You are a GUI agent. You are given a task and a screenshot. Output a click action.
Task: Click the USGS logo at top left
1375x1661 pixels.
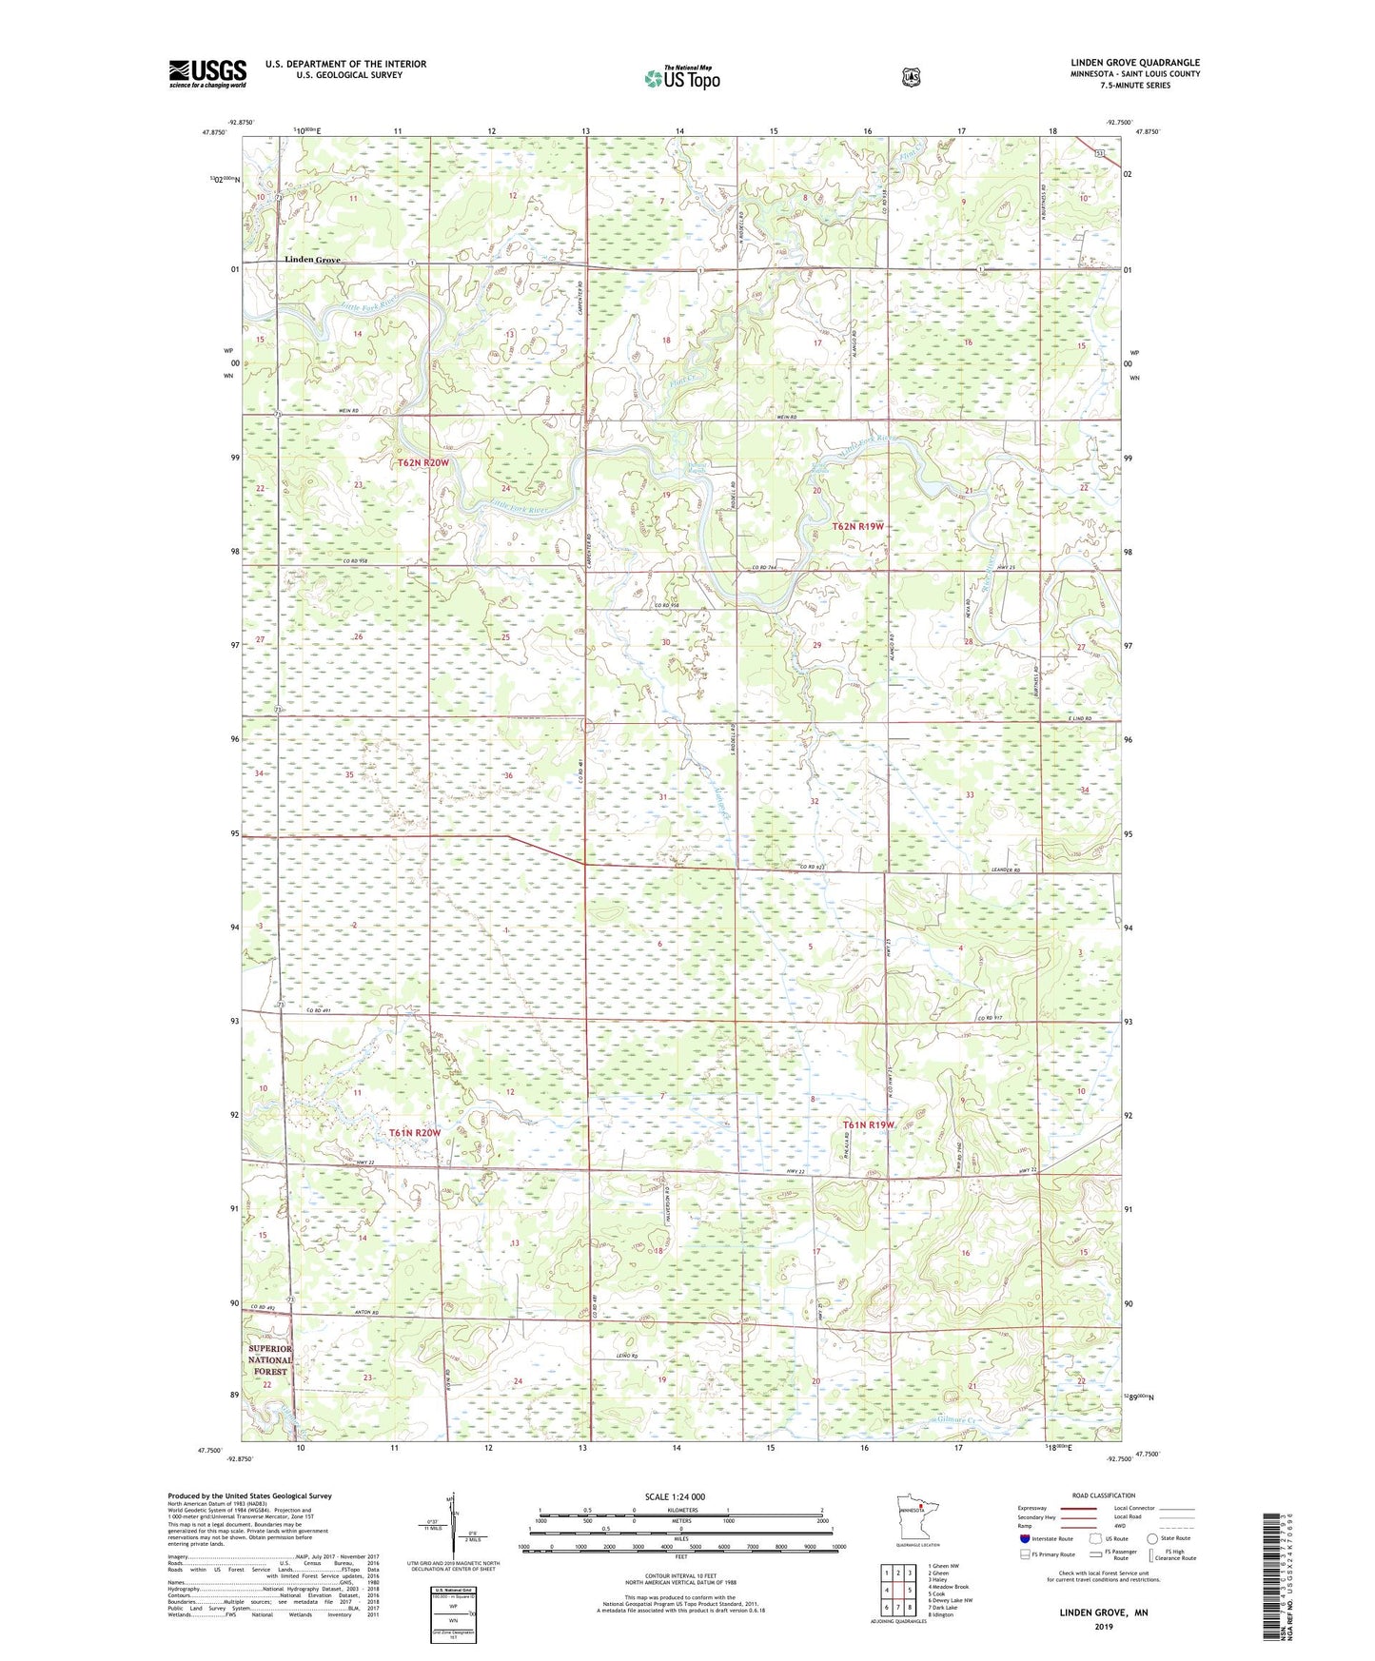tap(207, 73)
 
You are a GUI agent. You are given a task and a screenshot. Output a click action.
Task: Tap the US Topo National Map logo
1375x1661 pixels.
tap(680, 77)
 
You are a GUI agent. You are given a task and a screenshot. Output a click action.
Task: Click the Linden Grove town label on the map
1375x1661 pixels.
tap(312, 260)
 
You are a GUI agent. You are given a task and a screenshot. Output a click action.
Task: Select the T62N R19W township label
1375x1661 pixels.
tap(858, 526)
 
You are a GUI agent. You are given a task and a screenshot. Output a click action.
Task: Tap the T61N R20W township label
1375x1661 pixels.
tap(415, 1133)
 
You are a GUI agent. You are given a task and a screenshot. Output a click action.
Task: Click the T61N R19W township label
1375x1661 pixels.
tap(869, 1124)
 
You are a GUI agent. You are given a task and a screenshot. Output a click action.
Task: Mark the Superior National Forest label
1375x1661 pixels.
tap(270, 1360)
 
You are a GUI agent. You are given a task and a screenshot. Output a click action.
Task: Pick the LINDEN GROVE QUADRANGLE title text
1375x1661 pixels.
tap(1134, 63)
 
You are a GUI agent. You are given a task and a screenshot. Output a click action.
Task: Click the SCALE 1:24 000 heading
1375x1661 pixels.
tap(675, 1496)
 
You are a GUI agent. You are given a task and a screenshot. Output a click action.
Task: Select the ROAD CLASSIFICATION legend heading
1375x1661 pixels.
tap(1106, 1495)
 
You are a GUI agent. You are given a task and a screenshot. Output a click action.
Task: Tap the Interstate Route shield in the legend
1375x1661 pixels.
tap(1024, 1538)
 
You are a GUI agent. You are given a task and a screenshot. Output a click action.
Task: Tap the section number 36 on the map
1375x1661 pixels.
tap(508, 775)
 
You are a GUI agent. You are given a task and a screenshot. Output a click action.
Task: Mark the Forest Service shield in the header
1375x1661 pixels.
tap(911, 77)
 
